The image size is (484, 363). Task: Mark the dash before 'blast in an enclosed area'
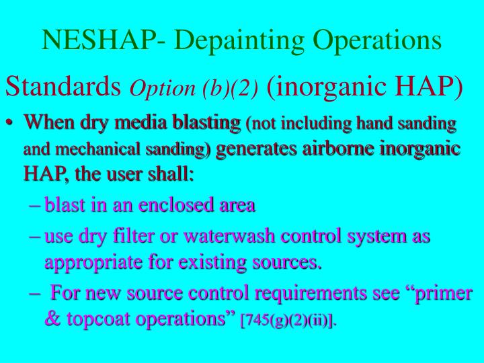36,205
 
